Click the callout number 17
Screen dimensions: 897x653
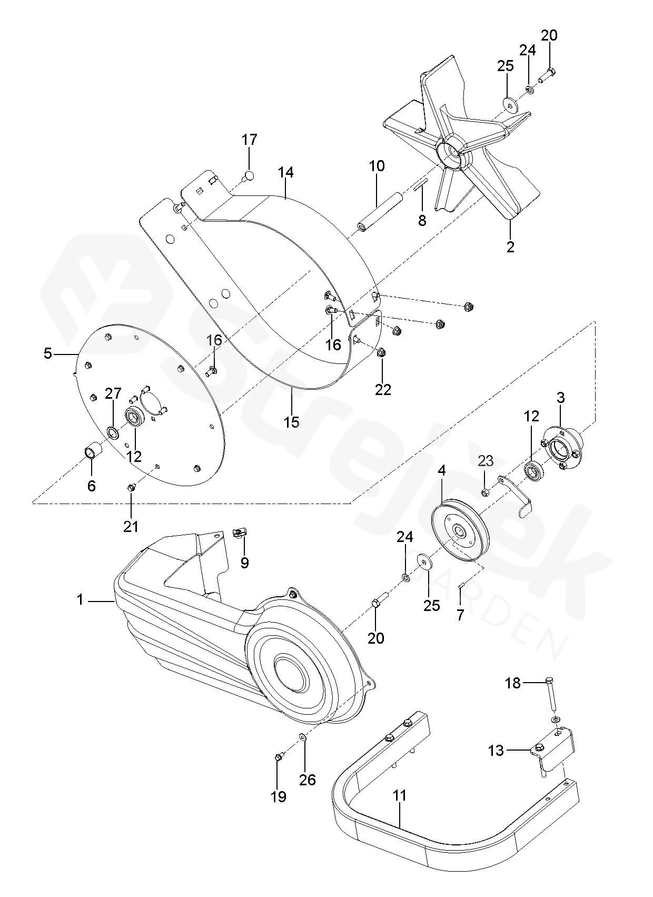[250, 140]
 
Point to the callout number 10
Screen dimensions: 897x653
[377, 166]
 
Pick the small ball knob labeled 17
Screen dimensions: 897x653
[249, 175]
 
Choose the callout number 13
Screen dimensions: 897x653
[496, 751]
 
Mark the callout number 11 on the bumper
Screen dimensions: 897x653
[400, 795]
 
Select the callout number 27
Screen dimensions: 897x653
[113, 393]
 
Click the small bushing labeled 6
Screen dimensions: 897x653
[93, 452]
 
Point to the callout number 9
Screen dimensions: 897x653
[244, 563]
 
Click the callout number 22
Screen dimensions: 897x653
[383, 389]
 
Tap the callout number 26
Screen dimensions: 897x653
[308, 780]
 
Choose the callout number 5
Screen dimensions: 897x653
[48, 353]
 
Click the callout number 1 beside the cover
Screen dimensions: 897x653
[80, 600]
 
